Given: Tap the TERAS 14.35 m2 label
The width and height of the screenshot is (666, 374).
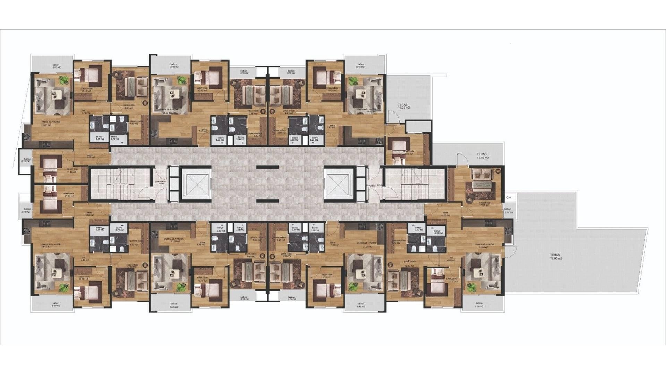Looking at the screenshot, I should tap(403, 106).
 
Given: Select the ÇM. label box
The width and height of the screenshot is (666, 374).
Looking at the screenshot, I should tap(509, 197).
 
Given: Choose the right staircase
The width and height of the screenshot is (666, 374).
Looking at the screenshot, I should tap(415, 184).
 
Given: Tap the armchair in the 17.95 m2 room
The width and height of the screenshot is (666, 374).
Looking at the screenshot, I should tap(471, 199).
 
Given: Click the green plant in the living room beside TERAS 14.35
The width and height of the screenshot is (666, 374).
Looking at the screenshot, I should tap(353, 82).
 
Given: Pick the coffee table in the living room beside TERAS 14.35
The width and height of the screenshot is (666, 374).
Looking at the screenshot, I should tap(361, 93).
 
